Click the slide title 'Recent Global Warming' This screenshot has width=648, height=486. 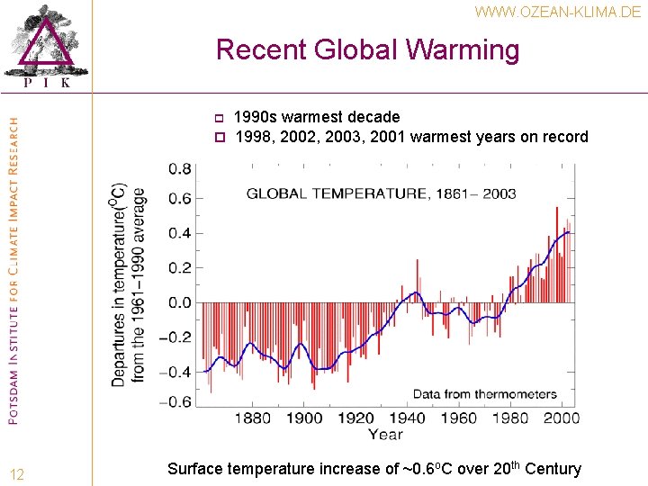coord(367,49)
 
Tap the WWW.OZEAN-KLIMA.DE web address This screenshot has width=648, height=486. coord(558,12)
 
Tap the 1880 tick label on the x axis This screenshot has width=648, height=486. coord(253,418)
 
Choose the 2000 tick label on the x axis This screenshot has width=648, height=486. coord(562,418)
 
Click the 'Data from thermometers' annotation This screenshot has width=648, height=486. coord(484,394)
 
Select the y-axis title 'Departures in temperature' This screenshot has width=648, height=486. coord(128,285)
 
